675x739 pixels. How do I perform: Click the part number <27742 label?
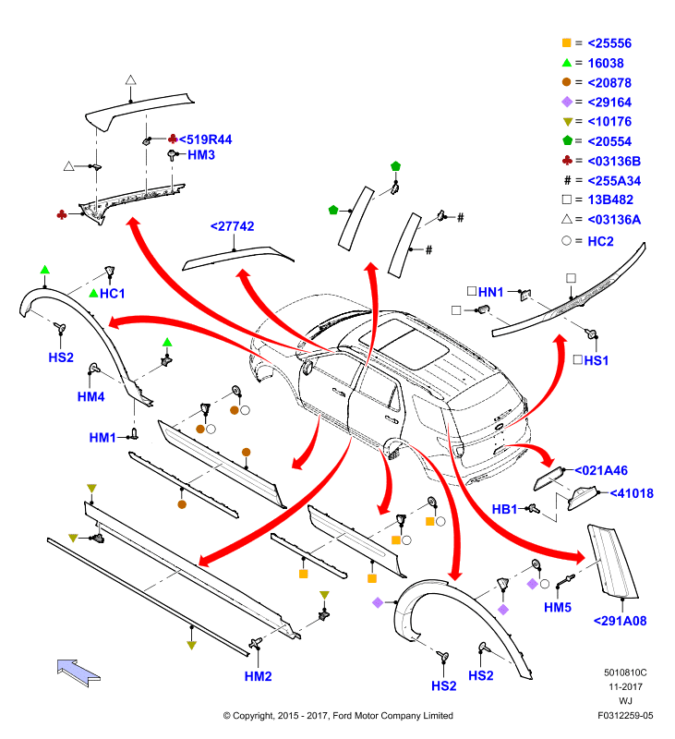pos(232,226)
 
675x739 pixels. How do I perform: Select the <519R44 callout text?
pos(205,140)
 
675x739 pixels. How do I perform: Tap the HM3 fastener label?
pos(201,155)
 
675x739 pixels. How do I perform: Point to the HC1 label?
pos(112,294)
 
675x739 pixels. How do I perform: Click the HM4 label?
pos(90,397)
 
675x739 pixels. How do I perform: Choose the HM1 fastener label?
pos(102,438)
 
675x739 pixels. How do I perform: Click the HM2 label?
pos(259,676)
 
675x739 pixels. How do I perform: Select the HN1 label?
pos(491,292)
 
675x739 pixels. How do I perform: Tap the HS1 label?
pos(597,360)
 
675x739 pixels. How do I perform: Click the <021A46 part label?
pos(601,470)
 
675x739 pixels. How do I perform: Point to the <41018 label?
pos(632,493)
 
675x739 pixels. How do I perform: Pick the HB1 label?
pos(504,510)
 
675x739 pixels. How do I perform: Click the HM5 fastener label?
pos(558,608)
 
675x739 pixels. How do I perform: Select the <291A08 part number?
pos(620,621)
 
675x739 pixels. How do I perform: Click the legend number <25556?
pos(609,43)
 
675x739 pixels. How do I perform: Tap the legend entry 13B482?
pos(610,200)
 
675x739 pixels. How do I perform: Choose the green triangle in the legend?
pos(567,63)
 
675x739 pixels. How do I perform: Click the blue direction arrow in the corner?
pos(78,672)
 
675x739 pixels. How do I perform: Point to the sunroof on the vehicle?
pos(404,344)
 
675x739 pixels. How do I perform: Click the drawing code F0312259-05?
pos(625,716)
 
